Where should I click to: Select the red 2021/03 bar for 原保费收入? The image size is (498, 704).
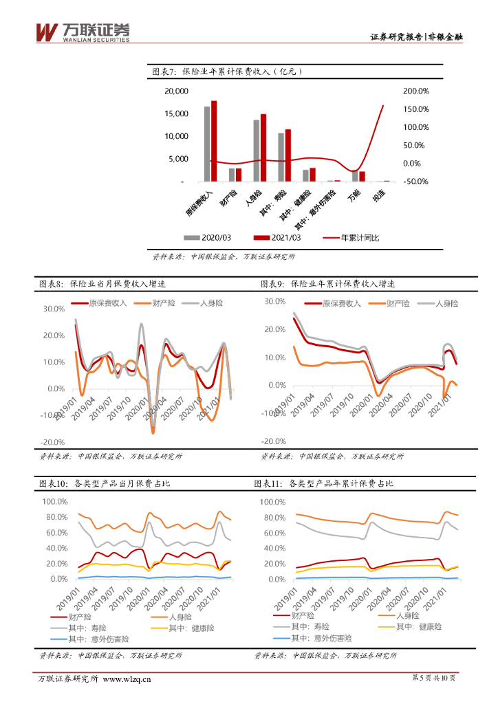pos(214,141)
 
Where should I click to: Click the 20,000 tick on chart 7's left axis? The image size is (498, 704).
pos(175,91)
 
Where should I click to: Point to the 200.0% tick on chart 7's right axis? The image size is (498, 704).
pos(415,91)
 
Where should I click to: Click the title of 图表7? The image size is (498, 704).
pos(227,71)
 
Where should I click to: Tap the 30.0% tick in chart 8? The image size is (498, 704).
pos(54,309)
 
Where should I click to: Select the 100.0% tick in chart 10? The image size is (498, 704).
pos(54,501)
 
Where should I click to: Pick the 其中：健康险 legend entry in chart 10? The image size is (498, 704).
pos(192,628)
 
